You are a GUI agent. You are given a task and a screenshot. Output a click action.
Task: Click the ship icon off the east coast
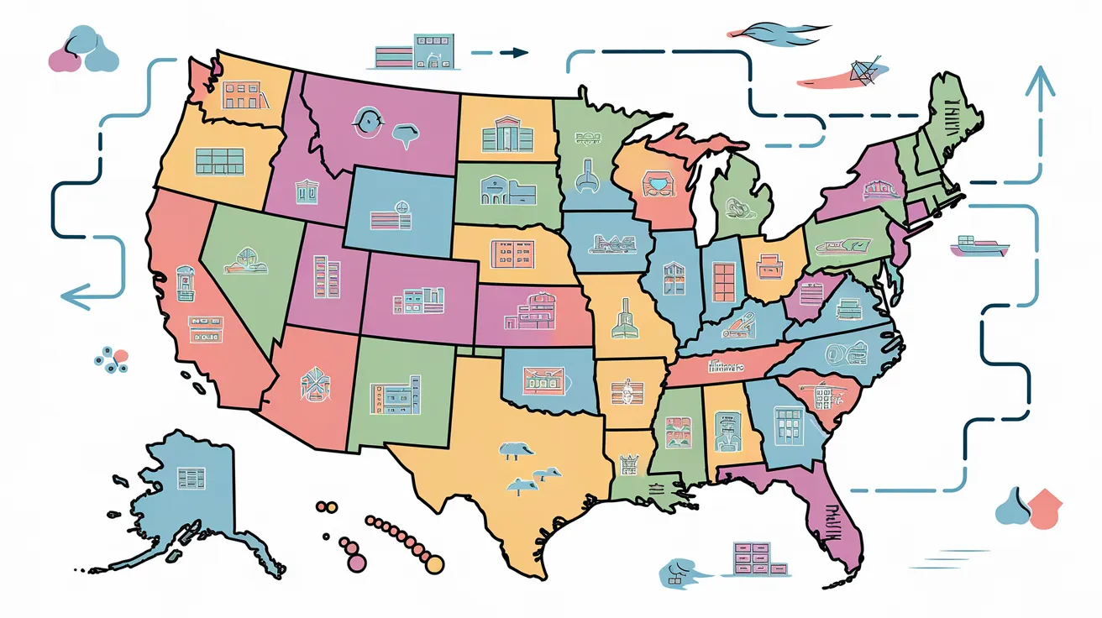coord(976,245)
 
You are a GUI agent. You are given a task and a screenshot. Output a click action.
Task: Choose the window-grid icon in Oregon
coord(218,161)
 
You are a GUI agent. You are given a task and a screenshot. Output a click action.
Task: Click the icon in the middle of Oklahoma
coord(542,380)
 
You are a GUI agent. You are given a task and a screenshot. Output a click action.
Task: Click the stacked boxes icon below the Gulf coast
coord(751,558)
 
